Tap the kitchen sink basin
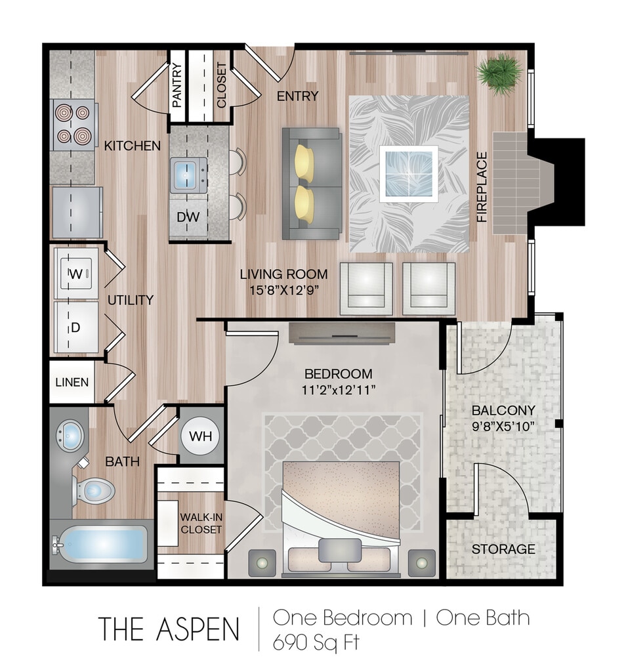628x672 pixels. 185,175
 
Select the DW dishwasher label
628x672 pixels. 188,217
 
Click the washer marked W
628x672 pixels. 76,273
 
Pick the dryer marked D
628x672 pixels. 76,327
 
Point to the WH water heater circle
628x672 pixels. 200,436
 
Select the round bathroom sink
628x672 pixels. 70,436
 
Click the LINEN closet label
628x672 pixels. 72,382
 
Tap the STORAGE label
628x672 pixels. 503,549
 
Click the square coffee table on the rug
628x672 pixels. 409,174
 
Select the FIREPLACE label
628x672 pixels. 482,187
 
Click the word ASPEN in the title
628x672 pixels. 198,629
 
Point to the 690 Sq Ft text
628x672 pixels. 316,642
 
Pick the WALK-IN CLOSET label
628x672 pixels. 201,523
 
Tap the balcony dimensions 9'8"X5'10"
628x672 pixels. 503,427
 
